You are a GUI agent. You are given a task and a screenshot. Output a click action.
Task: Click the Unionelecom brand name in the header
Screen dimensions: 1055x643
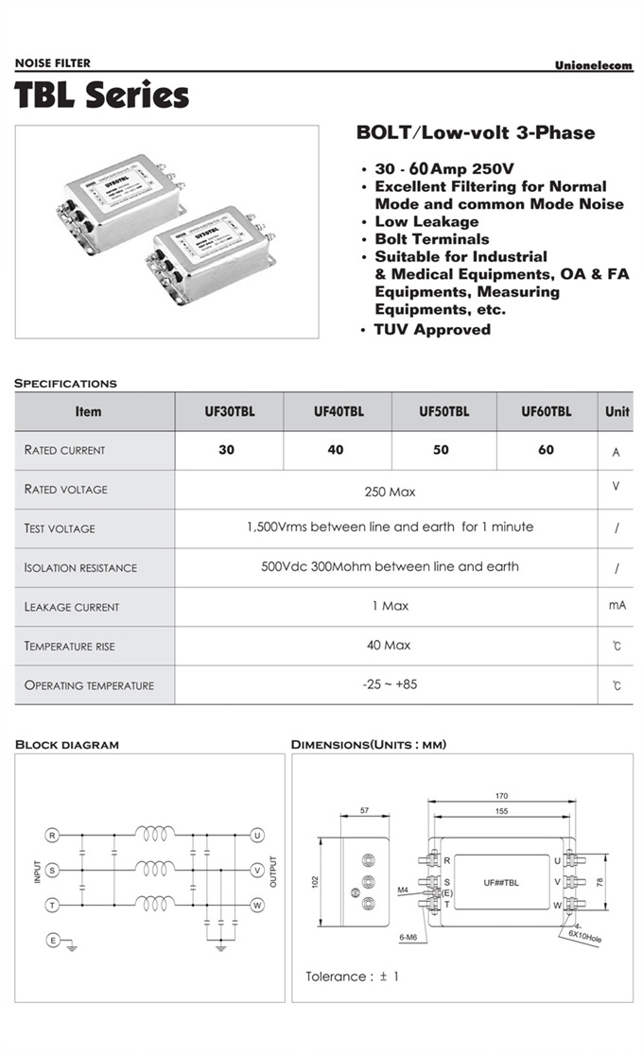pos(594,65)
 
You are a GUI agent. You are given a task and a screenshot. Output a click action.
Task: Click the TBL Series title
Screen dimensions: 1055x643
pos(102,96)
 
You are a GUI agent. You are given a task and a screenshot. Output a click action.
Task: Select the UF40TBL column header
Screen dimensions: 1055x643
pos(338,411)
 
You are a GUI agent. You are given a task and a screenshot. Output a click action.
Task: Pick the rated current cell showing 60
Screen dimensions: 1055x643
pos(546,450)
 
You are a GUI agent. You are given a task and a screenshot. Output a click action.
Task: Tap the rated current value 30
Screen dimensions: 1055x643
pos(227,450)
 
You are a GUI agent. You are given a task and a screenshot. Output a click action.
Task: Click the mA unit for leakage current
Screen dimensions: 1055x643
pos(617,605)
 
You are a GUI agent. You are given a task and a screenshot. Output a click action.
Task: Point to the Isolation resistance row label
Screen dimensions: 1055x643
pos(80,568)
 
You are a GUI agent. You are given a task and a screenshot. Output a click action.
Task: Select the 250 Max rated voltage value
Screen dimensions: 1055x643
pos(390,492)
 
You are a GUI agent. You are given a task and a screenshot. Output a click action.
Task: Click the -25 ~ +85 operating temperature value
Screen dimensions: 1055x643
pos(390,684)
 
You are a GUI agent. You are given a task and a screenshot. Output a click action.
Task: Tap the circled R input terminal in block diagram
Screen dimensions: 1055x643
pos(53,835)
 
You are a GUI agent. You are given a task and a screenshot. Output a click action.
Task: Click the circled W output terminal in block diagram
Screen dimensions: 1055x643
pos(256,905)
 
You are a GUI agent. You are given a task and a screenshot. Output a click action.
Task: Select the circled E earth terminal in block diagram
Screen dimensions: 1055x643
pos(53,940)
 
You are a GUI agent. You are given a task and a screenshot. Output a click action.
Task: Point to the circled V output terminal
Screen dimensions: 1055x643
pos(256,870)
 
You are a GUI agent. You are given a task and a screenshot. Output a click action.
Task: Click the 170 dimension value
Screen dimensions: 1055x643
pos(503,795)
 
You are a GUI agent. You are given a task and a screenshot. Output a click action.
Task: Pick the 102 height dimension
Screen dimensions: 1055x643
pos(316,880)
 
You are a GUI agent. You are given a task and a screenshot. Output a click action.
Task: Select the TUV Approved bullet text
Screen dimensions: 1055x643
pos(432,330)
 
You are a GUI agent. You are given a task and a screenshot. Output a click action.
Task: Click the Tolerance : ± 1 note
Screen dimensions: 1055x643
pos(352,977)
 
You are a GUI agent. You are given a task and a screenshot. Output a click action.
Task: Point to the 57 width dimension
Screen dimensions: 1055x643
pos(365,811)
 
